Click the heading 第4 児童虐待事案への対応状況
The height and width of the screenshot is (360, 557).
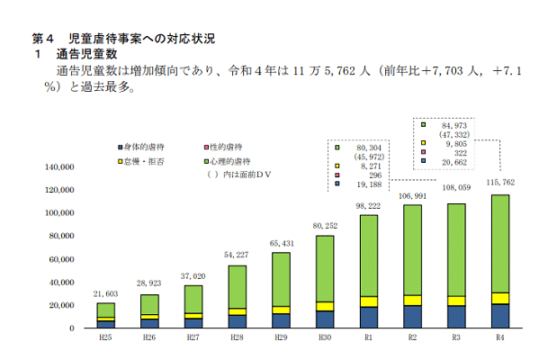click(x=123, y=40)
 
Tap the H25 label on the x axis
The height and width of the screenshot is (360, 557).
click(x=106, y=340)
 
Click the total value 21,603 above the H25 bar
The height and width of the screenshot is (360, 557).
click(x=106, y=294)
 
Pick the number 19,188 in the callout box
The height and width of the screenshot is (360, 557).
click(x=369, y=184)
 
